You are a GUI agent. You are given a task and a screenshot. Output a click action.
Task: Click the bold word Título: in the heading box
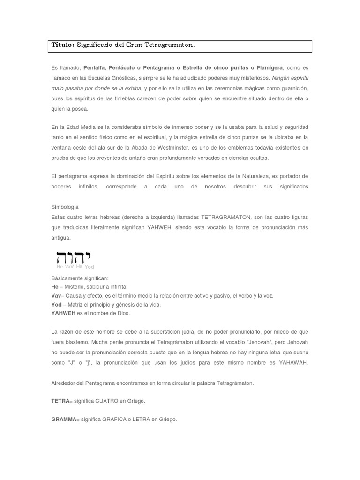pyautogui.click(x=63, y=45)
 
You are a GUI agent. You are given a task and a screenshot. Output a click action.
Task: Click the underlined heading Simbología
pyautogui.click(x=65, y=207)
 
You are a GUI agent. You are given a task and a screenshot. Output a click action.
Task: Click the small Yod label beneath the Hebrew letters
pyautogui.click(x=89, y=267)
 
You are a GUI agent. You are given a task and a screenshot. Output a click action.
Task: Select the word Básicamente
pyautogui.click(x=67, y=278)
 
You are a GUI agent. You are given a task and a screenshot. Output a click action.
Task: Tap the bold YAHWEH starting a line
pyautogui.click(x=63, y=313)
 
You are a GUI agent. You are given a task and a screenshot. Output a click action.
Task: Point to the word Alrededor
pyautogui.click(x=63, y=383)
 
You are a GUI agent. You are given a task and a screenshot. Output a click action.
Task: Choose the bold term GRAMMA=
pyautogui.click(x=63, y=419)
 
